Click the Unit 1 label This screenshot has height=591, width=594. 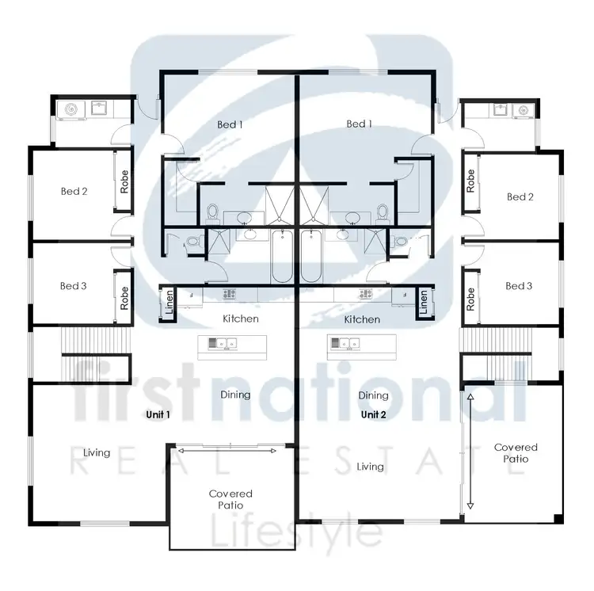(x=158, y=414)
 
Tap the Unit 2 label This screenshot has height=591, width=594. (x=373, y=414)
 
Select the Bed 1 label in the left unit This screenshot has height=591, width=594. (x=230, y=124)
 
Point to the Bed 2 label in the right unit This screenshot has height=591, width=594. (x=520, y=196)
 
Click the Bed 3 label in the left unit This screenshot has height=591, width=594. (x=73, y=286)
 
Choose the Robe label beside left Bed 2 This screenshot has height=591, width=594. (x=124, y=182)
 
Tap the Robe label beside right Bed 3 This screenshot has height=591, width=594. (x=470, y=298)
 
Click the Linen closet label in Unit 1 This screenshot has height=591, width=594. (x=169, y=301)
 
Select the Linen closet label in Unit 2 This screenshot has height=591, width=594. (x=424, y=301)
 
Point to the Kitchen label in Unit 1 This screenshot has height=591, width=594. (x=240, y=319)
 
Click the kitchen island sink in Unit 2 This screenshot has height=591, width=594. (x=345, y=343)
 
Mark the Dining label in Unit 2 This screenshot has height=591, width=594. (x=373, y=395)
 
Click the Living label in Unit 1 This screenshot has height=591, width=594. (x=97, y=452)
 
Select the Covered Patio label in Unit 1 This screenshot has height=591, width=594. (x=230, y=499)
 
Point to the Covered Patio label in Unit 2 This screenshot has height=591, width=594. (x=516, y=453)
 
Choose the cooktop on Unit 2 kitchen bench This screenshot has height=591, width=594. (x=366, y=294)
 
